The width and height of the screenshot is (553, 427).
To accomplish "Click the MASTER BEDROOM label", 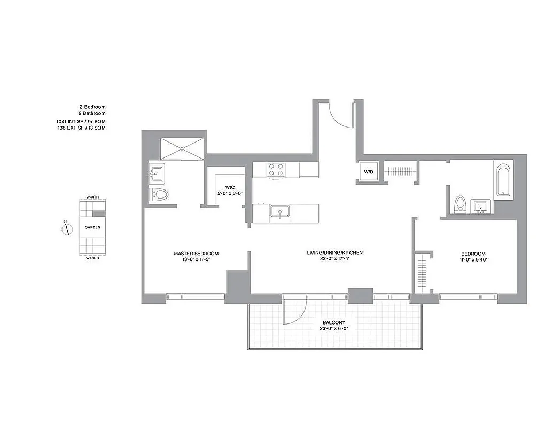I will pyautogui.click(x=196, y=254).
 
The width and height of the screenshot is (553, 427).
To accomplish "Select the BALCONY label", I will pyautogui.click(x=334, y=322).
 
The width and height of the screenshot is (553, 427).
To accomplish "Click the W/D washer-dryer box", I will pyautogui.click(x=369, y=172).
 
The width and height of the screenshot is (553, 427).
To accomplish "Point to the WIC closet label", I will pyautogui.click(x=230, y=187).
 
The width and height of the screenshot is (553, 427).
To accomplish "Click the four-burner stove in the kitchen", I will pyautogui.click(x=276, y=170).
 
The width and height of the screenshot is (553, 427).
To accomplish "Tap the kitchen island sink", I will pyautogui.click(x=279, y=212).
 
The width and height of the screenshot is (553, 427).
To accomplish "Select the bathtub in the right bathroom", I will pyautogui.click(x=504, y=181).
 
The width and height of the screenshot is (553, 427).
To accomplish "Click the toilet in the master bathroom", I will pyautogui.click(x=159, y=194).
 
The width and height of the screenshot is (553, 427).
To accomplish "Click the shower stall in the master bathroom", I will pyautogui.click(x=183, y=147).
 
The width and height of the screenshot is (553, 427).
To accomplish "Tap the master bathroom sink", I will pyautogui.click(x=156, y=173).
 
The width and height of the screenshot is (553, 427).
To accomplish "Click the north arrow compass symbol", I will pyautogui.click(x=66, y=229).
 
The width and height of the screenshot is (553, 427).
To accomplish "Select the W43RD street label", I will pyautogui.click(x=93, y=258).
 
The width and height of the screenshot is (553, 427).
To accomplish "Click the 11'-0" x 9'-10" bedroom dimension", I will pyautogui.click(x=473, y=260).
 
